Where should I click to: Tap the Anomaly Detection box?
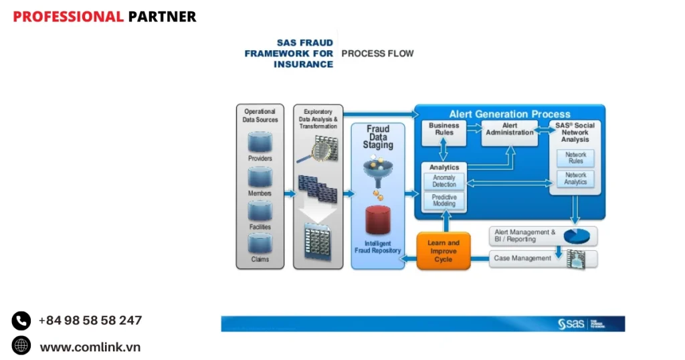(444, 181)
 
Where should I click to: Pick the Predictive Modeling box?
(444, 201)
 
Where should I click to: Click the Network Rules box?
(575, 158)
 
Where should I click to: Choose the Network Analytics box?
(575, 179)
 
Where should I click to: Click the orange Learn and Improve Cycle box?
(444, 251)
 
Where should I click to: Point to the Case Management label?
(522, 258)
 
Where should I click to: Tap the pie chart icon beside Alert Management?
(576, 236)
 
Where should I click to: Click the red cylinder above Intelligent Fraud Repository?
(377, 219)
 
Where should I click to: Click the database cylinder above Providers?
(260, 142)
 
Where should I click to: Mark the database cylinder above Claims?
(260, 244)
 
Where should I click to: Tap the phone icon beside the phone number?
(21, 321)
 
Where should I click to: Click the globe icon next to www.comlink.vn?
(21, 346)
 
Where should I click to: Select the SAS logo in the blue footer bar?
(572, 324)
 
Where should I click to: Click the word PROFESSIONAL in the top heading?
(68, 17)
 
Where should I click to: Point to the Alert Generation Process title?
(510, 114)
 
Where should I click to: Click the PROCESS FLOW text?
(377, 54)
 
